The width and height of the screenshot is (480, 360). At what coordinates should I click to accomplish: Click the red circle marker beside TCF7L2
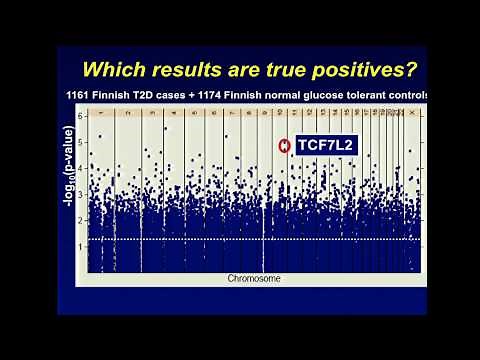click(285, 146)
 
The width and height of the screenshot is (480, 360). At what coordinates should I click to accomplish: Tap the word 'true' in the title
click(282, 70)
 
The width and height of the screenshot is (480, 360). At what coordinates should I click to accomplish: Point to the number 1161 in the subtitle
click(78, 95)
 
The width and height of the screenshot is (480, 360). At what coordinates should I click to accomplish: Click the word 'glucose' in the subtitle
click(325, 95)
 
